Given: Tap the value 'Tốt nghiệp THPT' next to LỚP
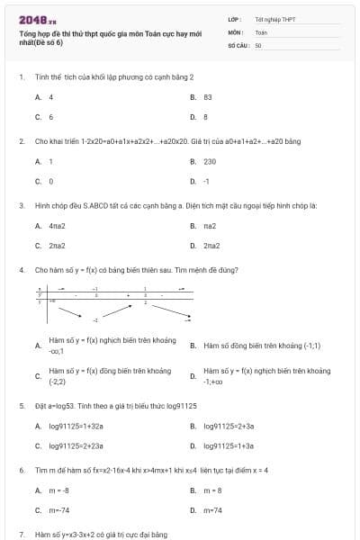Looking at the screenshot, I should point(275,19).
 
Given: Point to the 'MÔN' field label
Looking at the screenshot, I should point(236,31).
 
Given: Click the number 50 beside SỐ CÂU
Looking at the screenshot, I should point(258,44).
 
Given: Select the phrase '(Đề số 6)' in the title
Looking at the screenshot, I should point(48,42).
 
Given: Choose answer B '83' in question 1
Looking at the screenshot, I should point(208,96).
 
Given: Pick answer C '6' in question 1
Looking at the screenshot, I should point(50,117).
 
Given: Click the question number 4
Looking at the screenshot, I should point(21,269).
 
